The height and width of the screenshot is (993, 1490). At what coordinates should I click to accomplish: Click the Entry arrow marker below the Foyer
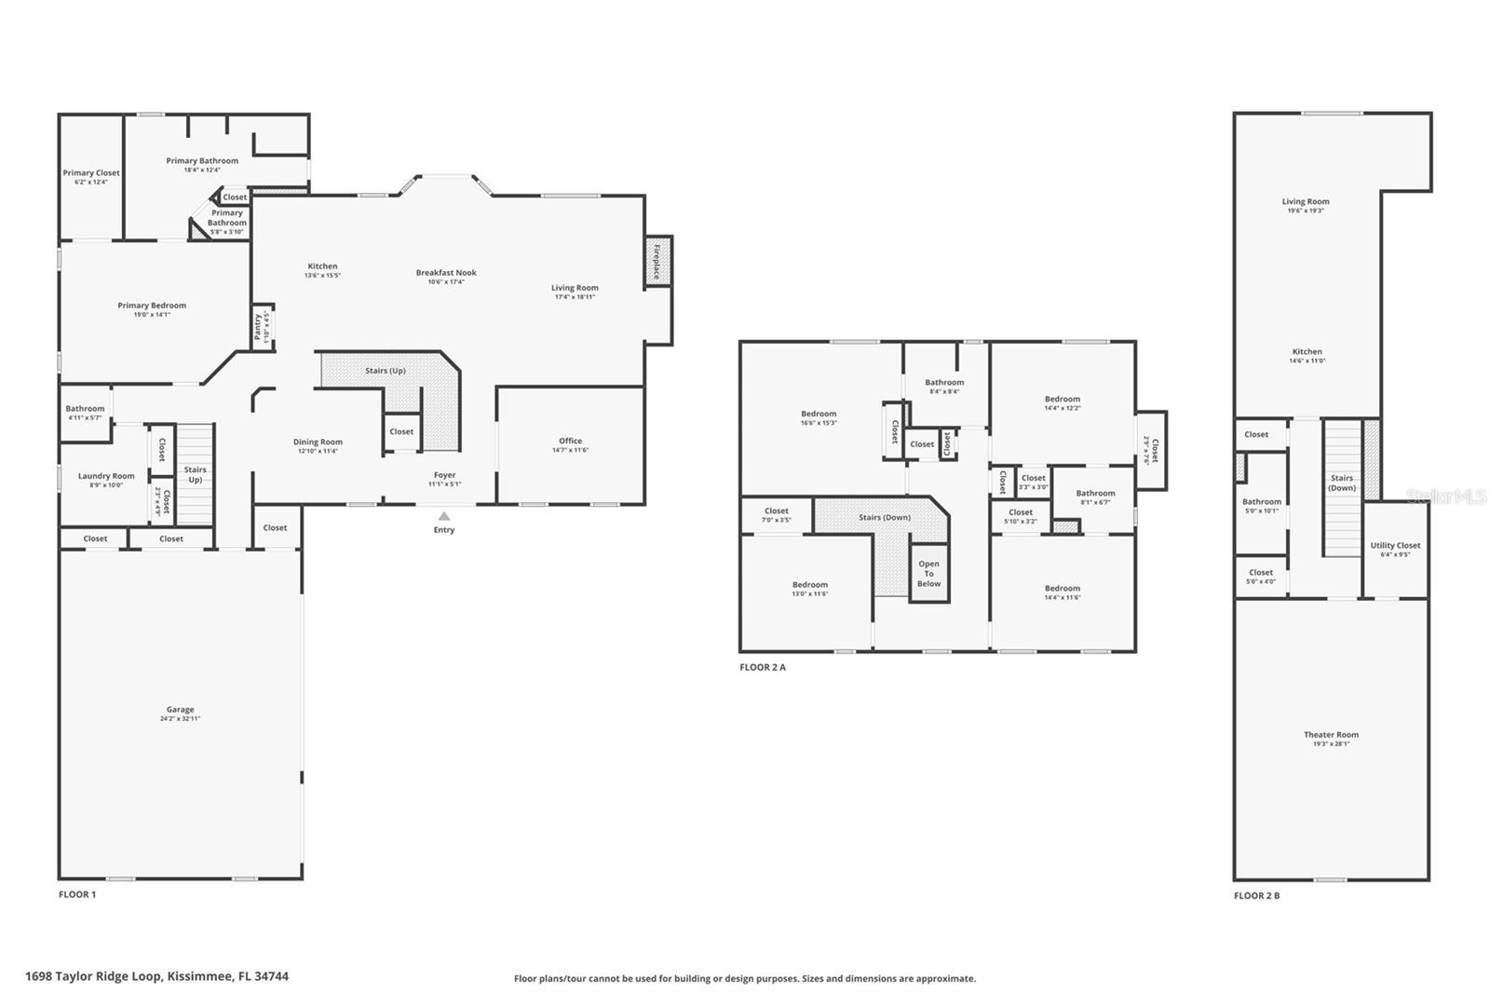coord(444,516)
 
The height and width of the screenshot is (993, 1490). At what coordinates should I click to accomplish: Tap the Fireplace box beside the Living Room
coord(657,261)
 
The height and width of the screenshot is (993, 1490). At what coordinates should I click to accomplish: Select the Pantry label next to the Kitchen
coord(259,328)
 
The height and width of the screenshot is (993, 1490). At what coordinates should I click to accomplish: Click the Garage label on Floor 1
coord(180,710)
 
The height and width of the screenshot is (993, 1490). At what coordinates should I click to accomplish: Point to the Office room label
coord(570,442)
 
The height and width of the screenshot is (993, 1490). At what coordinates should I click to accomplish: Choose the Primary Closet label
coord(91,173)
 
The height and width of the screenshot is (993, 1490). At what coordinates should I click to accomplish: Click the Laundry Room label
coord(106,476)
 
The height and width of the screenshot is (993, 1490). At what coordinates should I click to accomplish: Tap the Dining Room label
coord(318,442)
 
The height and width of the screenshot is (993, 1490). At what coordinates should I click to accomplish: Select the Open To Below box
coord(928,574)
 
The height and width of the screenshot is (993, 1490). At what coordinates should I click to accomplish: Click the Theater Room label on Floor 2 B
coord(1331,735)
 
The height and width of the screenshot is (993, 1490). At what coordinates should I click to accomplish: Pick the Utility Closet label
coord(1395,546)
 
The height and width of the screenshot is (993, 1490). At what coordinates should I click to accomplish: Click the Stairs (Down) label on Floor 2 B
coord(1342,483)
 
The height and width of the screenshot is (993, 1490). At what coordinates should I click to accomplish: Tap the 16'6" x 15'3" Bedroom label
coord(819,415)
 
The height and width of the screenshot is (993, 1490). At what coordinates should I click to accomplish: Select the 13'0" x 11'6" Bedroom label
coord(810,585)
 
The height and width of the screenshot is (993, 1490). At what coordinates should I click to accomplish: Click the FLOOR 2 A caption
coord(763,667)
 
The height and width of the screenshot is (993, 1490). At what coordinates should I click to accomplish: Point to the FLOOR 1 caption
coord(77,894)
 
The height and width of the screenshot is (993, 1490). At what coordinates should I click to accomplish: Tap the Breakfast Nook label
coord(446,273)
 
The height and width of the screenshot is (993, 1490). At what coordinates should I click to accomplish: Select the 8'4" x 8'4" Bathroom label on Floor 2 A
coord(944,383)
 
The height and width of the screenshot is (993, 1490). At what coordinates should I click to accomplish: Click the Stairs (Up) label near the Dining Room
coord(386,371)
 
